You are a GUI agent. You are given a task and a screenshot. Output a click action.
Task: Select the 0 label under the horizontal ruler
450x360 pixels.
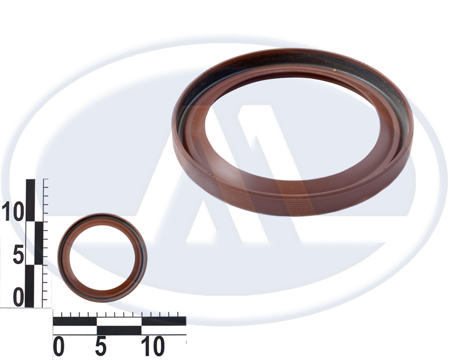tap(59, 346)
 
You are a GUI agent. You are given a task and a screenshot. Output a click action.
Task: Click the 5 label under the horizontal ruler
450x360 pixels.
tap(101, 346)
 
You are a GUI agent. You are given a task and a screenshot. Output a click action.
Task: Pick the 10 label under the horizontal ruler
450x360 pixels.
tap(152, 346)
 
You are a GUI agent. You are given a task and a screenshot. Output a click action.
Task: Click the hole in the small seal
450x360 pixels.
tap(102, 258)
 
